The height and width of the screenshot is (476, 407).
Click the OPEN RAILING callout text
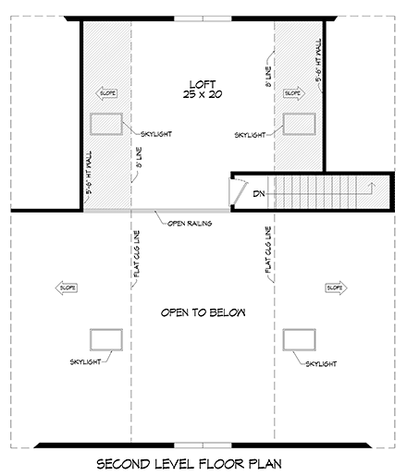[x=191, y=223]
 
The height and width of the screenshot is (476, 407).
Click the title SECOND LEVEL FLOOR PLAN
[x=203, y=462]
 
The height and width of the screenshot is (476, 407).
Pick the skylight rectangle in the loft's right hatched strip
[x=299, y=124]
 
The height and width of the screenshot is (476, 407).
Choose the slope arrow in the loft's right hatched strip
[x=293, y=92]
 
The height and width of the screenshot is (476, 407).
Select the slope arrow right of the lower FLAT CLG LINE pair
[x=334, y=288]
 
